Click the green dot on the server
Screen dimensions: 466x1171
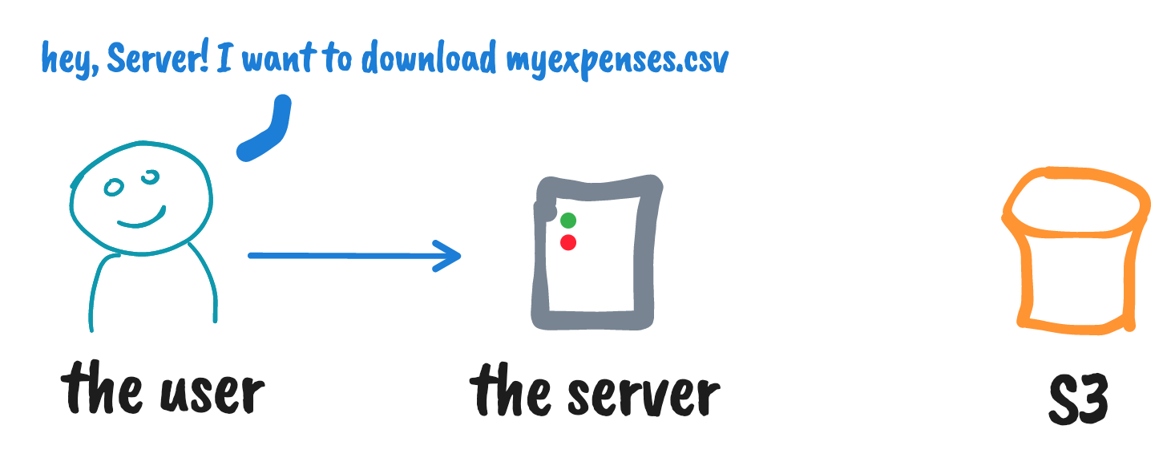(568, 221)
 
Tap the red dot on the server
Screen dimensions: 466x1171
(568, 242)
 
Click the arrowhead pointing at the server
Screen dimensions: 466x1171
(450, 256)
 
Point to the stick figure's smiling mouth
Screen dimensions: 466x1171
(141, 218)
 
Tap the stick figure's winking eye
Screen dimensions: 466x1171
(149, 176)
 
